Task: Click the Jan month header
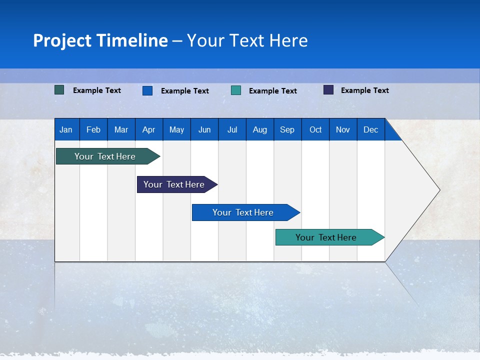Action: [x=66, y=130]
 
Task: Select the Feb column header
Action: [x=93, y=130]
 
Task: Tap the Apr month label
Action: [x=149, y=130]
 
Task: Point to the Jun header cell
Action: [x=204, y=130]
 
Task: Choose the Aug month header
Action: [x=260, y=130]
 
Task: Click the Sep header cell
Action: [x=287, y=130]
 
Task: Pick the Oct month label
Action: [x=315, y=130]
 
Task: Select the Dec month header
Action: [x=371, y=130]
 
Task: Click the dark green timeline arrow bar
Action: [x=105, y=156]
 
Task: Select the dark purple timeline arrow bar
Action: [x=174, y=184]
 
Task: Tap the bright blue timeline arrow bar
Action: [x=243, y=212]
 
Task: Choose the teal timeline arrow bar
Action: [x=326, y=237]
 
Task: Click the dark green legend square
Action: [x=59, y=90]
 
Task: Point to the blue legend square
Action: [x=147, y=90]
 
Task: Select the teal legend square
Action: [x=236, y=90]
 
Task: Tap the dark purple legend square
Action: [x=328, y=90]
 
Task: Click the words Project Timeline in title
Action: [x=100, y=40]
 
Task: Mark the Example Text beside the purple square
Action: [x=365, y=90]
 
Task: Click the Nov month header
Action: [x=343, y=130]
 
